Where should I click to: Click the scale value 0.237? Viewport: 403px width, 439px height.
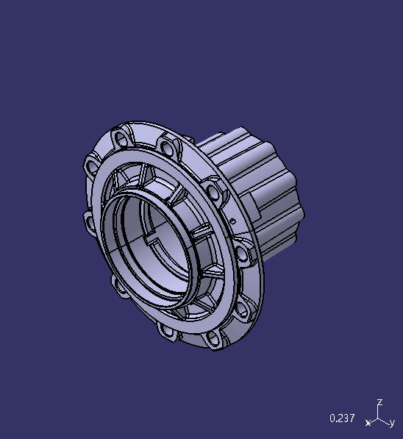tap(342, 418)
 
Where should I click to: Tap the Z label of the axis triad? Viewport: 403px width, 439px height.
tap(379, 402)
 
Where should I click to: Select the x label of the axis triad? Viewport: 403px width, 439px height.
tap(368, 423)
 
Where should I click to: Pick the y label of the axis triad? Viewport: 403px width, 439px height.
tap(393, 424)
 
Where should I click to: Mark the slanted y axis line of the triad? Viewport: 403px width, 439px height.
tap(385, 422)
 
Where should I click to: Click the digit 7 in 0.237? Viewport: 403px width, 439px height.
tap(352, 418)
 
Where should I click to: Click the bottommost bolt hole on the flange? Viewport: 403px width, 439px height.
tap(213, 339)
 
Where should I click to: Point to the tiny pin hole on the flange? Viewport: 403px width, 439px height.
tap(233, 220)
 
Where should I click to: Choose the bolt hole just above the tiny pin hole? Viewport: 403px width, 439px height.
tap(214, 193)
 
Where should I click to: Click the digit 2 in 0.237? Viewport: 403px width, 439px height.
tap(340, 418)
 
